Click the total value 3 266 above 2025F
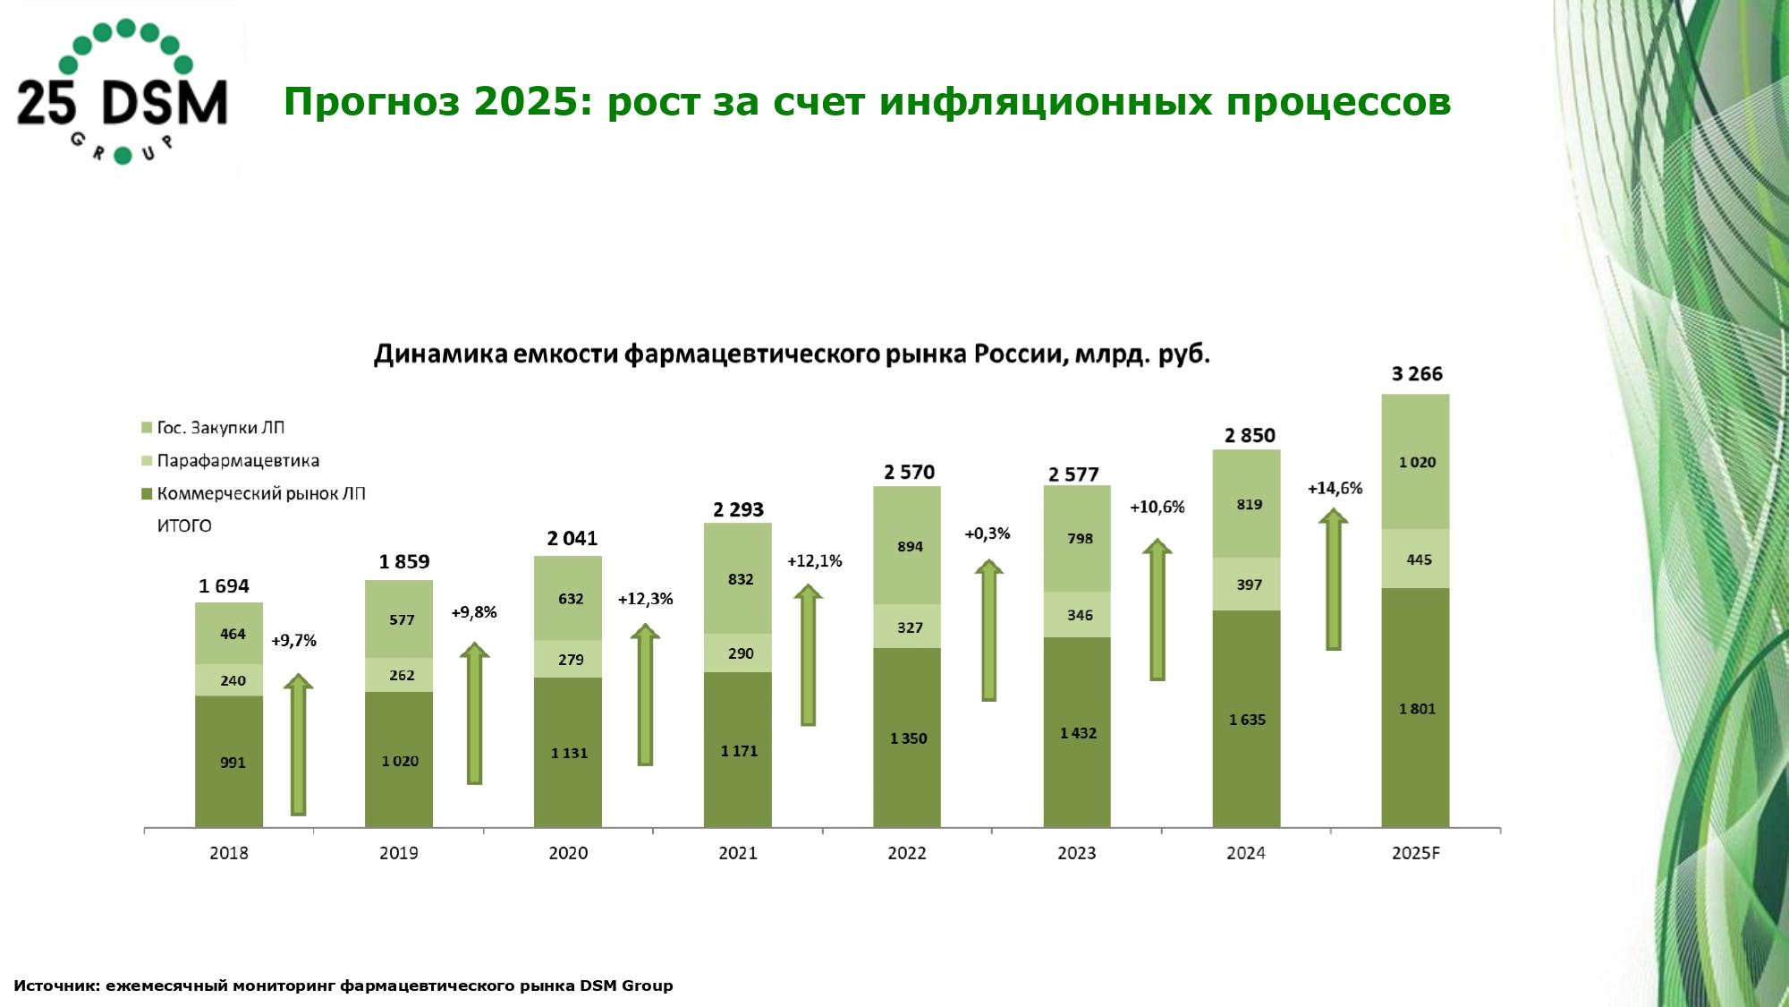(1417, 374)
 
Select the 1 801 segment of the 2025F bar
(1416, 708)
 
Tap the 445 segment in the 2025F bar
(1416, 559)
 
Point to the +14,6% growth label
(1335, 489)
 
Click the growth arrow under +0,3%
(988, 630)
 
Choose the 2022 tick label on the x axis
(906, 853)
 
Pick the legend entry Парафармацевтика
(238, 461)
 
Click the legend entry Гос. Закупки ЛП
(220, 428)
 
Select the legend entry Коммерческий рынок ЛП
(260, 494)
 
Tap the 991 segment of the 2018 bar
(230, 762)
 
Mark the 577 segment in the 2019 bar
(399, 619)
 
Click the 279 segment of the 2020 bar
(569, 660)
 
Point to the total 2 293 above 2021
(738, 510)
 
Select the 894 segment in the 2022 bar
(908, 546)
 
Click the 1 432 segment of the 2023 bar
(1077, 733)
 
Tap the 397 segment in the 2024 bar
(1247, 585)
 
